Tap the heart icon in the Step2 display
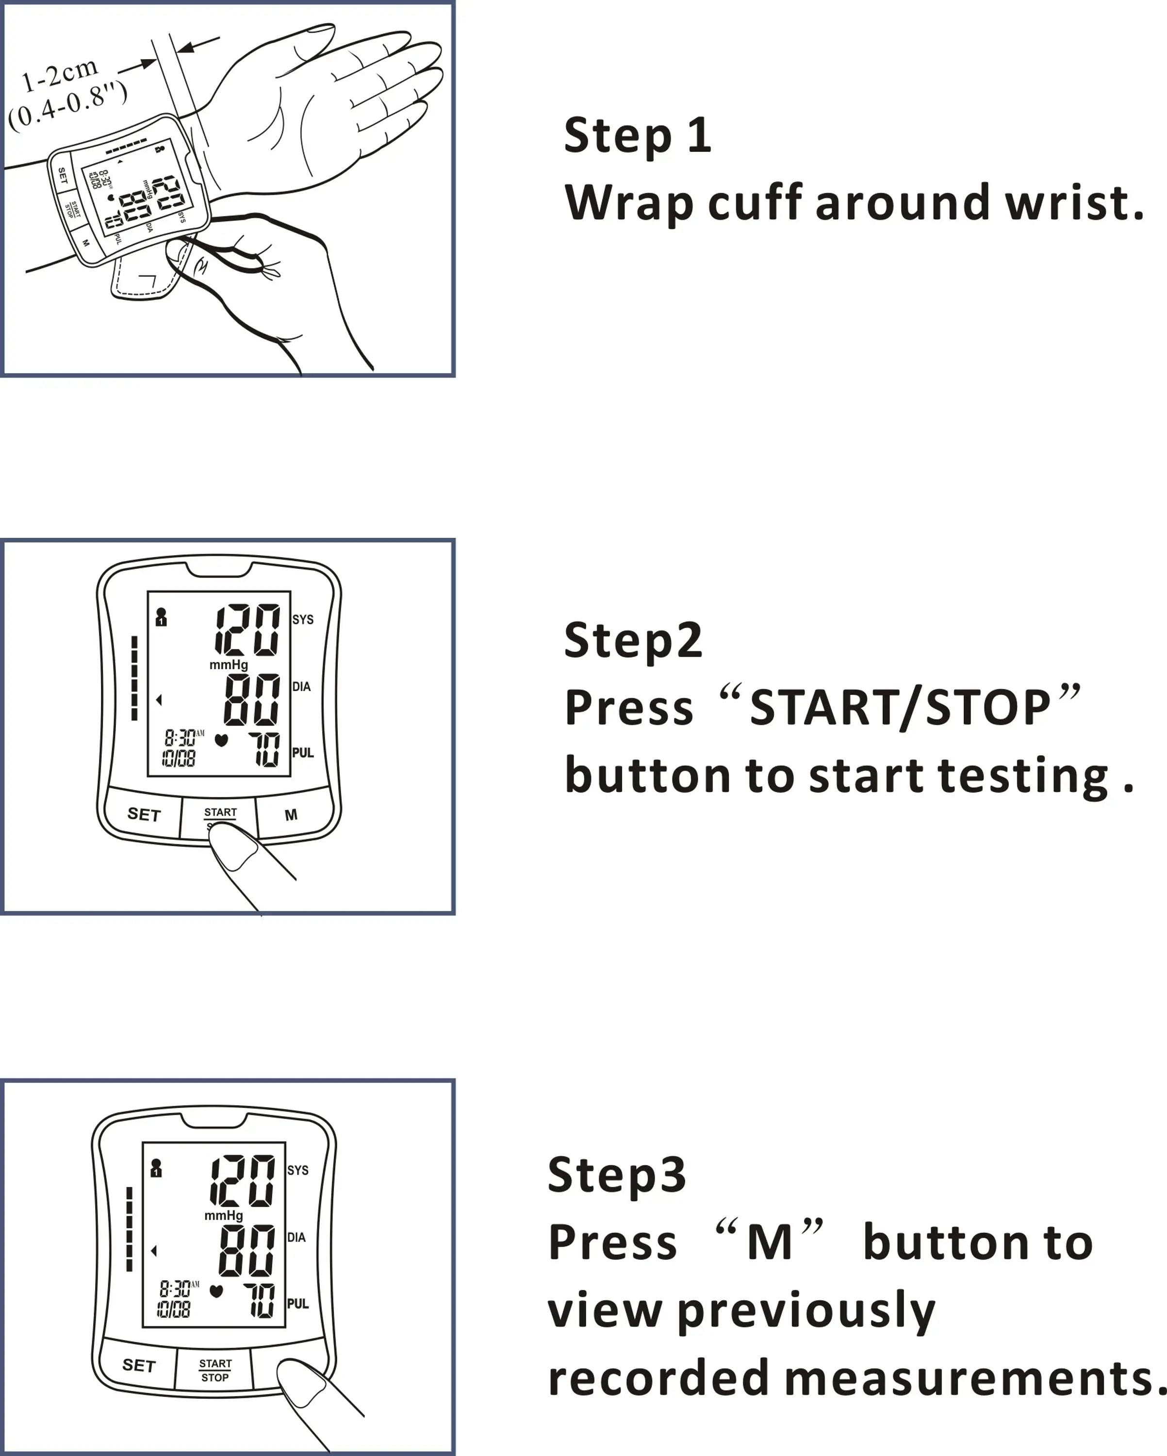(221, 740)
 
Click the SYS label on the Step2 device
(303, 619)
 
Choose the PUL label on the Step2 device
(303, 752)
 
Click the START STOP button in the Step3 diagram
(215, 1370)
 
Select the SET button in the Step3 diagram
(138, 1365)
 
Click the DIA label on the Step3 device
(296, 1237)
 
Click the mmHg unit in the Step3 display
(224, 1215)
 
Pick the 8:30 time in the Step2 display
(180, 737)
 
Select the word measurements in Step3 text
(970, 1378)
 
